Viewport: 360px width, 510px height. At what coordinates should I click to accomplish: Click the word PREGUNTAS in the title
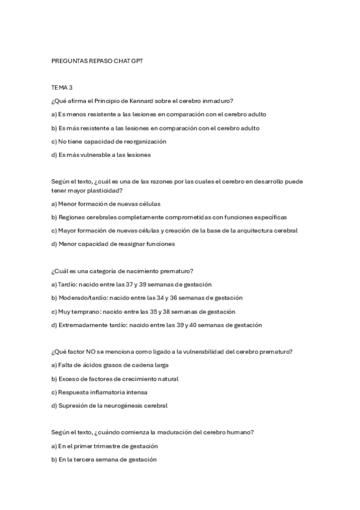pyautogui.click(x=68, y=61)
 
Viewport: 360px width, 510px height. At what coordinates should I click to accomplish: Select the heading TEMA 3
pyautogui.click(x=61, y=88)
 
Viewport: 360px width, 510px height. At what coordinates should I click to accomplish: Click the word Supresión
pyautogui.click(x=73, y=405)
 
